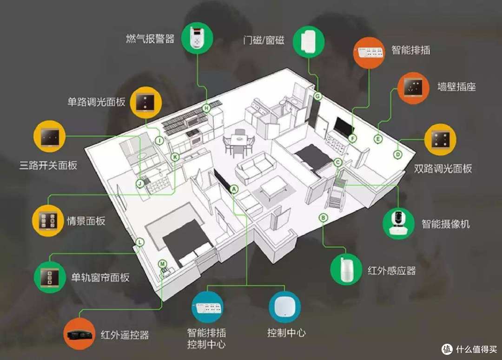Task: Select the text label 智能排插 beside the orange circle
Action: pyautogui.click(x=411, y=50)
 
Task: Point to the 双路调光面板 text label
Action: pyautogui.click(x=443, y=168)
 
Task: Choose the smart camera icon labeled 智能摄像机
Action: pyautogui.click(x=398, y=223)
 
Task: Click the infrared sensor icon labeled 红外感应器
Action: pyautogui.click(x=346, y=268)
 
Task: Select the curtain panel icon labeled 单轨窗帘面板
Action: pyautogui.click(x=50, y=277)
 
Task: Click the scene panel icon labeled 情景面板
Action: pyautogui.click(x=48, y=221)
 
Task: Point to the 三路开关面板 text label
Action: pyautogui.click(x=48, y=165)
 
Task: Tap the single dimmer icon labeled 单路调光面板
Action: pyautogui.click(x=146, y=102)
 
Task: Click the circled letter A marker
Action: pyautogui.click(x=234, y=190)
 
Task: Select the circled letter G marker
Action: pyautogui.click(x=317, y=96)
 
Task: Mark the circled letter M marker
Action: pyautogui.click(x=163, y=264)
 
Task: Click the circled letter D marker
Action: pyautogui.click(x=397, y=155)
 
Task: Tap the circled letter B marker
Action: pyautogui.click(x=324, y=218)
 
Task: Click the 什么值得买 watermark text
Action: pyautogui.click(x=476, y=349)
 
